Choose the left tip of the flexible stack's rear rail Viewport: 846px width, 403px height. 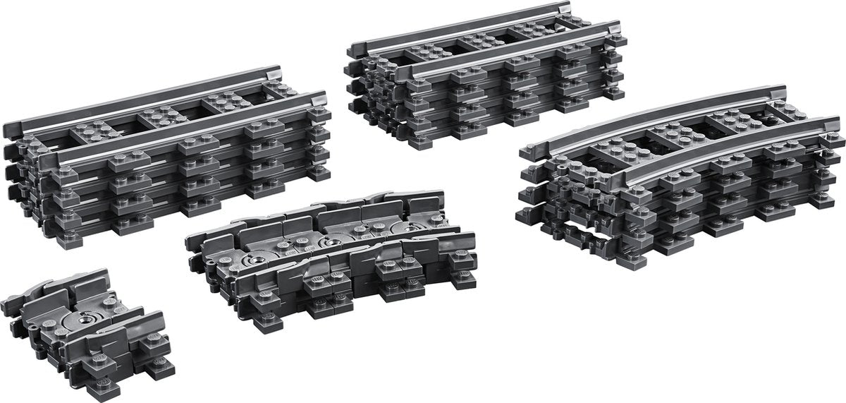189,239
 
